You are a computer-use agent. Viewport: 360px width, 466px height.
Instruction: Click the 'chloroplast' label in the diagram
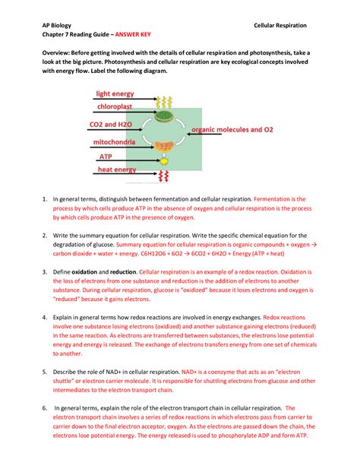point(117,107)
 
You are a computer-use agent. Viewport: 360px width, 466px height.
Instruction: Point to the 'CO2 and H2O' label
point(113,125)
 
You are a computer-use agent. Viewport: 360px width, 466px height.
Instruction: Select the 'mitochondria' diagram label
point(115,142)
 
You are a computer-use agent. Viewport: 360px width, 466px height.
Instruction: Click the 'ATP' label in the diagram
point(106,157)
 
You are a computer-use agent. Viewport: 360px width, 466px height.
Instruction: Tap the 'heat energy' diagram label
point(115,170)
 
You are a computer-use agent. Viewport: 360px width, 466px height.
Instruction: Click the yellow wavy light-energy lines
point(163,100)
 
